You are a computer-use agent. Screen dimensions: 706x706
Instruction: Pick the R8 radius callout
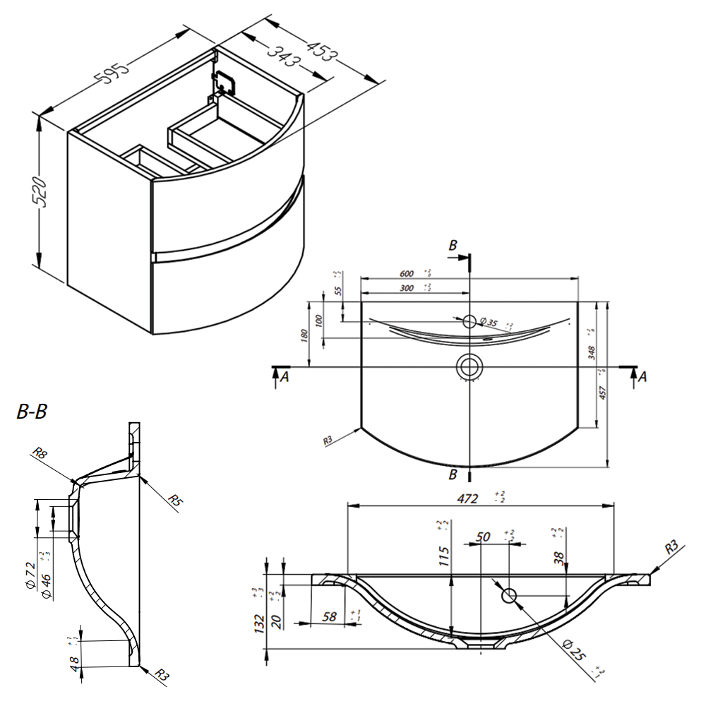(40, 455)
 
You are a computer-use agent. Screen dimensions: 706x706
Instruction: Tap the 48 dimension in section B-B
(73, 664)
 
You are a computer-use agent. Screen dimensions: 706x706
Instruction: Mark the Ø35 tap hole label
(489, 323)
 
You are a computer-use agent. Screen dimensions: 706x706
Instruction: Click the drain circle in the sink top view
(468, 366)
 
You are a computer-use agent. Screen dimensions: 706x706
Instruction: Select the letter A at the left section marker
(284, 378)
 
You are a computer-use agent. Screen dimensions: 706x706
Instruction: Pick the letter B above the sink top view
(453, 245)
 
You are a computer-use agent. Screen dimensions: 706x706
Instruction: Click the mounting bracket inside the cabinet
(223, 83)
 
